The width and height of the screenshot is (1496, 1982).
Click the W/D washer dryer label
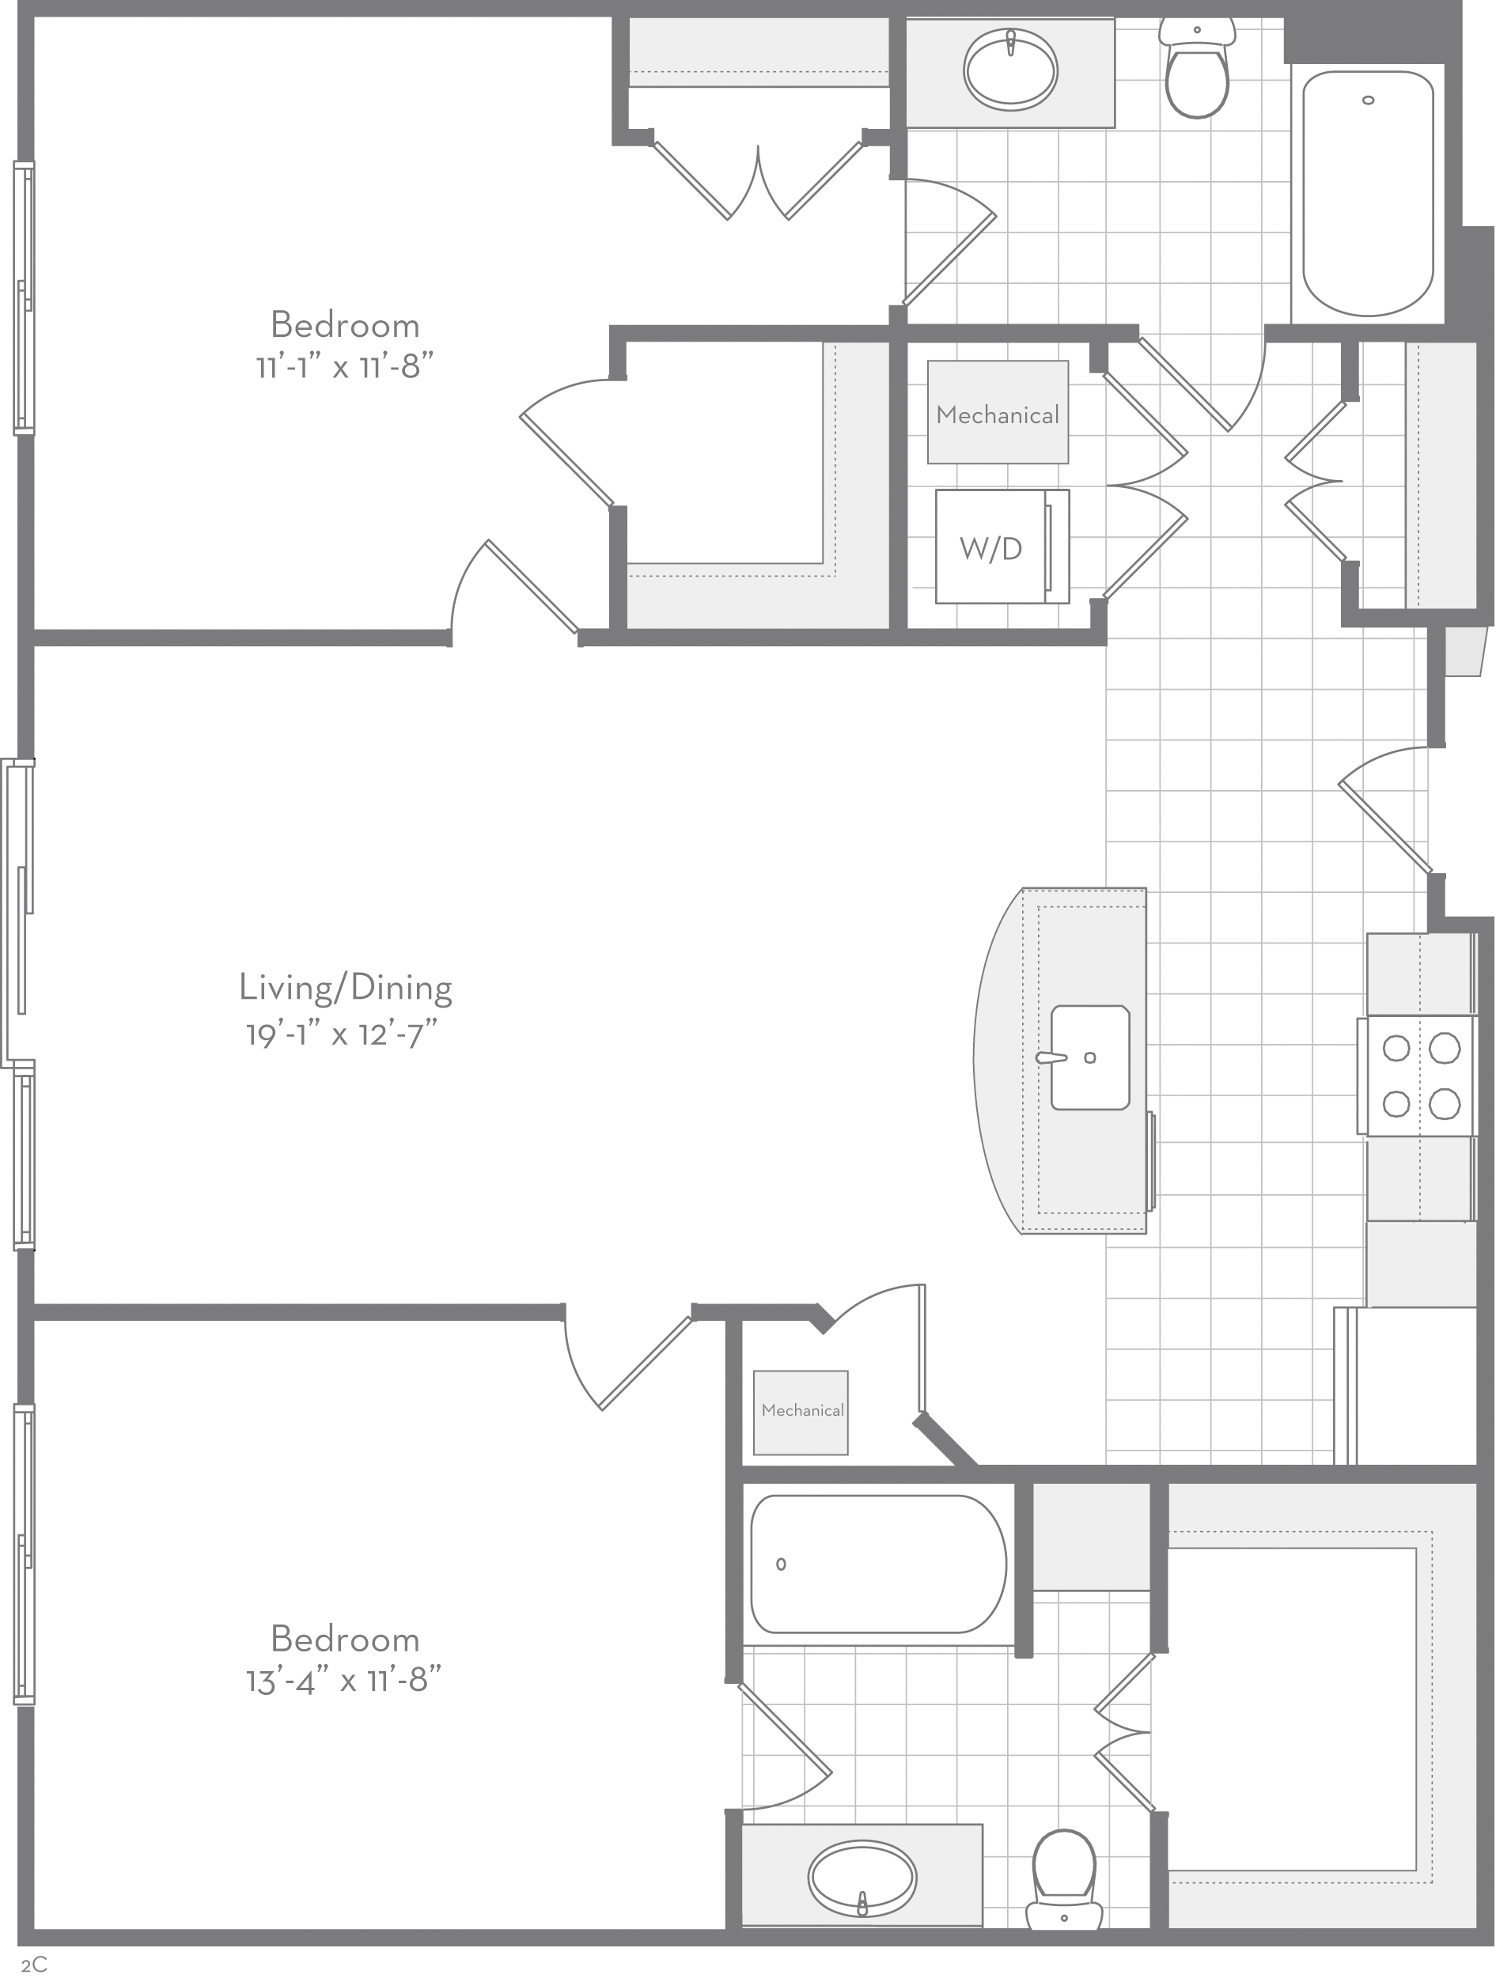click(x=990, y=548)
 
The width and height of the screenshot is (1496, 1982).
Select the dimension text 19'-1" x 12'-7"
click(x=342, y=1035)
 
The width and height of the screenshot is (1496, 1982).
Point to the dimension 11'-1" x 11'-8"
click(x=345, y=366)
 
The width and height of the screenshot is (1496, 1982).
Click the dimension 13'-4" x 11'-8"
click(x=345, y=1680)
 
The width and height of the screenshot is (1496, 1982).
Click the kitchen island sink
click(x=1090, y=1057)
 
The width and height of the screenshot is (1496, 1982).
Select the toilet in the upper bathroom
click(x=1197, y=67)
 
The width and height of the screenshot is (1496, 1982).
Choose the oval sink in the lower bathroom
click(x=862, y=1879)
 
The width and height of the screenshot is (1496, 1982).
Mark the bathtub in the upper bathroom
click(x=1368, y=194)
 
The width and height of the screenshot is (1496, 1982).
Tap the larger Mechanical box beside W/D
click(x=998, y=412)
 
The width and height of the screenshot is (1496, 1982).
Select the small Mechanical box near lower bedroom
click(x=801, y=1413)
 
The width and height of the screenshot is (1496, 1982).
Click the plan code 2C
click(x=34, y=1965)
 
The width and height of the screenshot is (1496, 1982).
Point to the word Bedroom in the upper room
click(x=345, y=324)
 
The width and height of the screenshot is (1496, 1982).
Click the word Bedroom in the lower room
click(x=345, y=1639)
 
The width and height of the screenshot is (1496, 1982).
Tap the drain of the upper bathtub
click(x=1368, y=100)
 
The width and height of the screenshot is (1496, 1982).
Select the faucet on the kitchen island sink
click(x=1051, y=1058)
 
